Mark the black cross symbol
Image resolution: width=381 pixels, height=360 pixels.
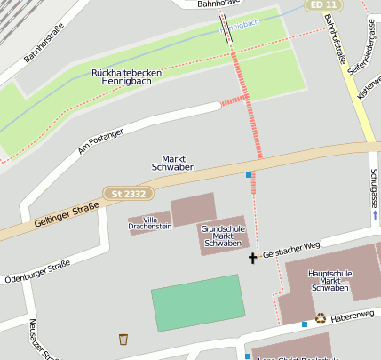[252, 259]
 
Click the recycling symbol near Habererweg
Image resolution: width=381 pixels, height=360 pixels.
[321, 317]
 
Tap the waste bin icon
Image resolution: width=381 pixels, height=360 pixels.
[123, 339]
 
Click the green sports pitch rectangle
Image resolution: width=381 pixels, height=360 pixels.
[198, 302]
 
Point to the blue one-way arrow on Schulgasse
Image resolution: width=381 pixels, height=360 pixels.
[375, 214]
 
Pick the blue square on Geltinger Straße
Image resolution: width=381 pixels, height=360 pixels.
[250, 175]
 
